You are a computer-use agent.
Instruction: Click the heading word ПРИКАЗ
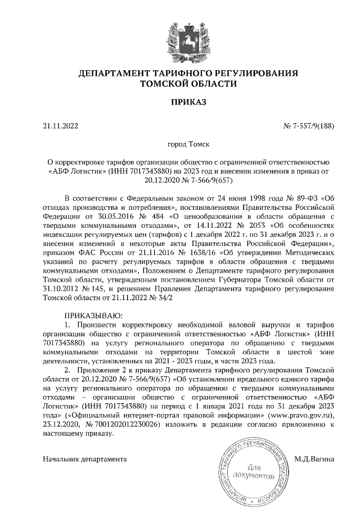click(179, 102)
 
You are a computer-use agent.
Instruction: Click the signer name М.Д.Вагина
click(314, 458)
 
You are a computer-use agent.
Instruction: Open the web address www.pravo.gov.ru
click(301, 415)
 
